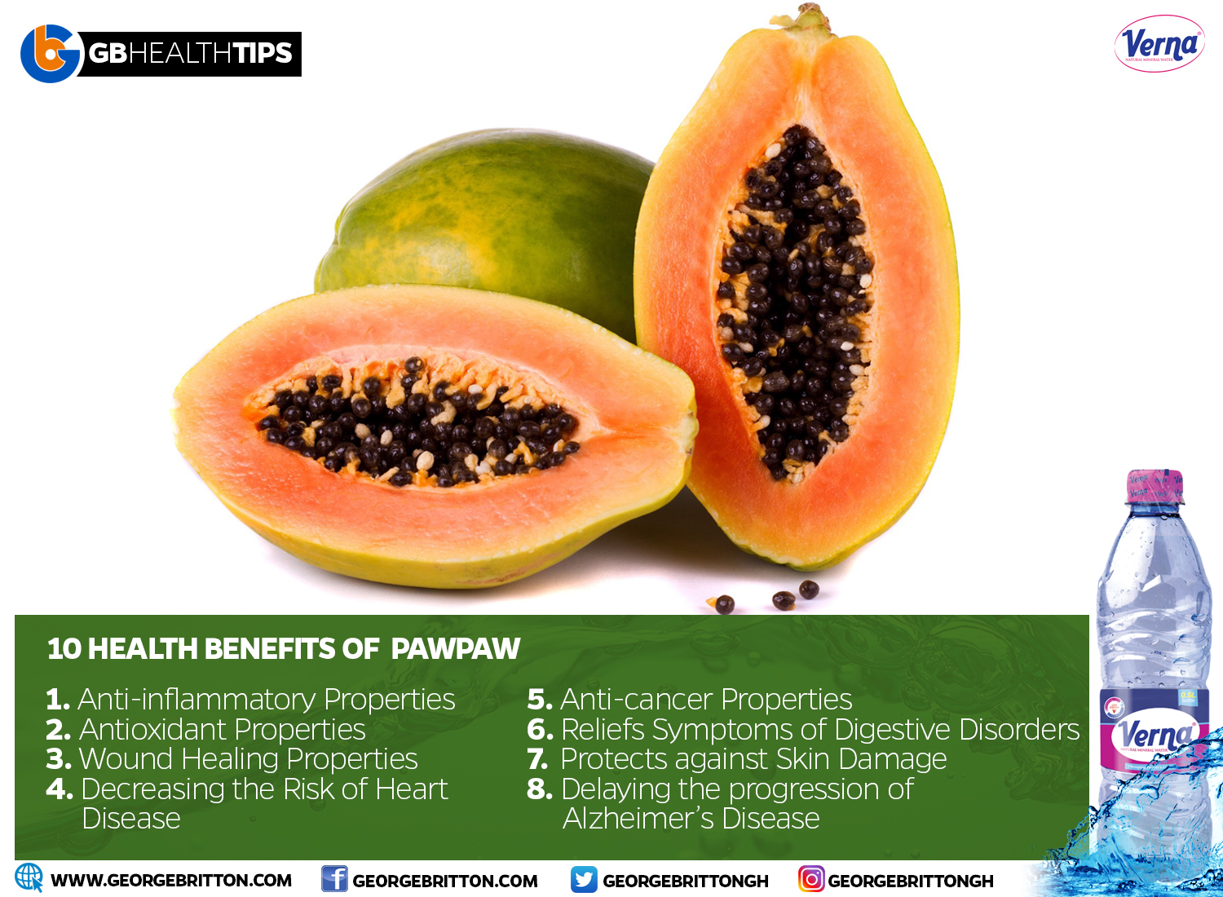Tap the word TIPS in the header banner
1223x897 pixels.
click(x=263, y=53)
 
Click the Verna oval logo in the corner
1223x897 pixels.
click(x=1159, y=44)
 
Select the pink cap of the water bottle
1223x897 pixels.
click(x=1155, y=486)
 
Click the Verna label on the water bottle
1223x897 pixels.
click(x=1152, y=734)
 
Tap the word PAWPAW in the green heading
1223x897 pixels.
click(x=455, y=648)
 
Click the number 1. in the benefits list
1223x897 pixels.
click(x=58, y=700)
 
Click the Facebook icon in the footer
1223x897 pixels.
click(x=334, y=878)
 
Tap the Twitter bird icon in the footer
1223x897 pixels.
click(x=584, y=879)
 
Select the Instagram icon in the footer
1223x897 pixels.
click(x=811, y=879)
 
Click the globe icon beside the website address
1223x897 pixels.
click(x=29, y=877)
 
